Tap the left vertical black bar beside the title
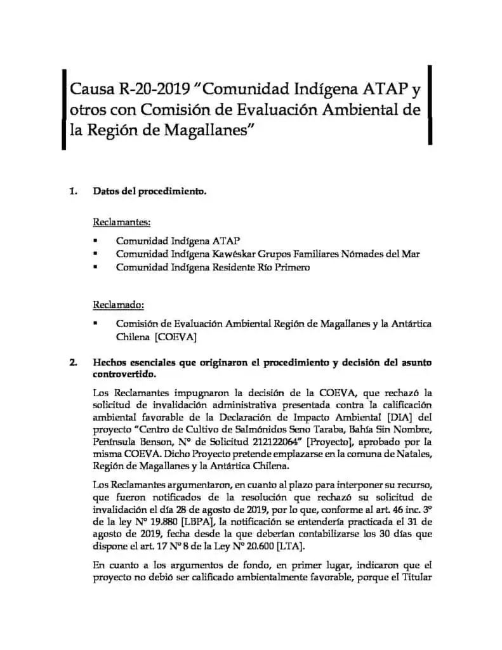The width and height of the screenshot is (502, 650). [64, 110]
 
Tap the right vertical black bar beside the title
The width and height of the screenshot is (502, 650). [431, 105]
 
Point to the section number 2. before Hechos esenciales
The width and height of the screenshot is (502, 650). [74, 363]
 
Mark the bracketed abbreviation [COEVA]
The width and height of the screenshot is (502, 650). [175, 337]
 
